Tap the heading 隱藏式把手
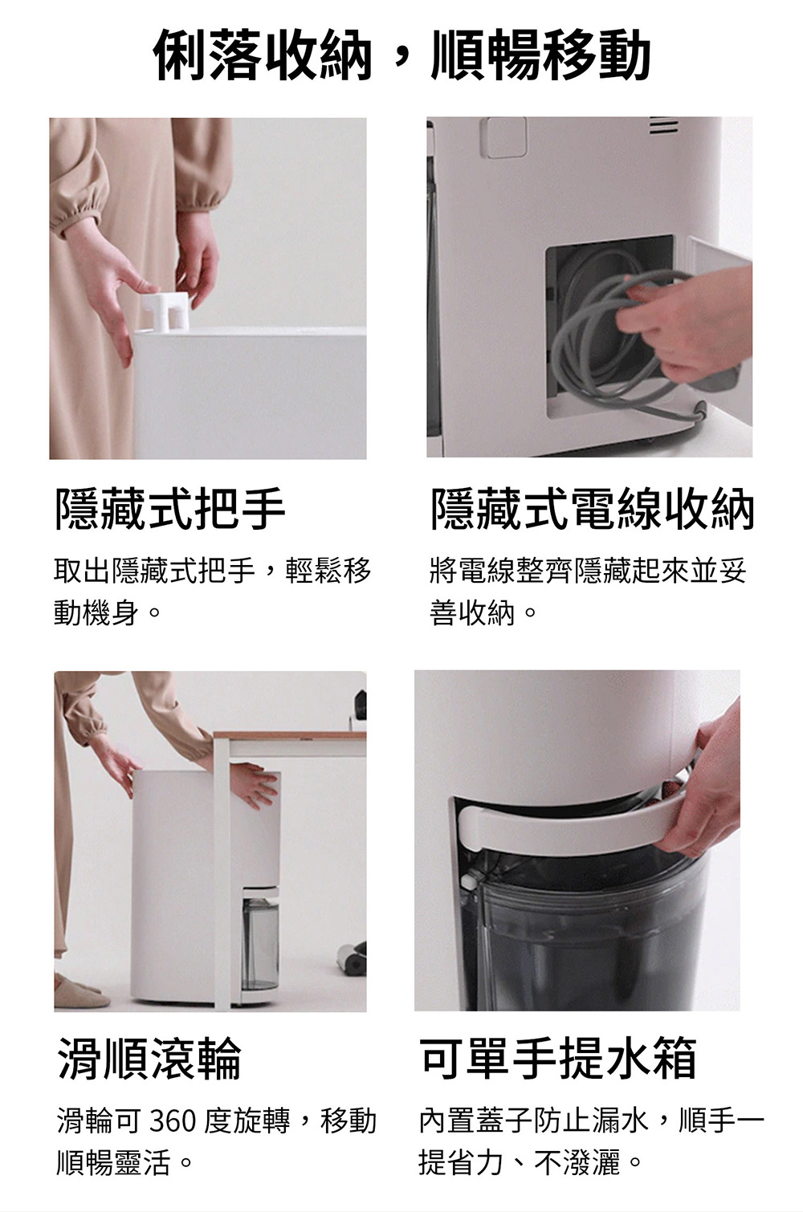pyautogui.click(x=170, y=508)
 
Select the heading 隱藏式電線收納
pyautogui.click(x=593, y=508)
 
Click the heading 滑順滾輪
pyautogui.click(x=149, y=1058)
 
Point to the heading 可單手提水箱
pyautogui.click(x=559, y=1058)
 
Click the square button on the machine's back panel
pyautogui.click(x=503, y=137)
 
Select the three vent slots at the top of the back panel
pyautogui.click(x=662, y=127)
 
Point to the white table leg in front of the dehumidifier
pyautogui.click(x=222, y=871)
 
